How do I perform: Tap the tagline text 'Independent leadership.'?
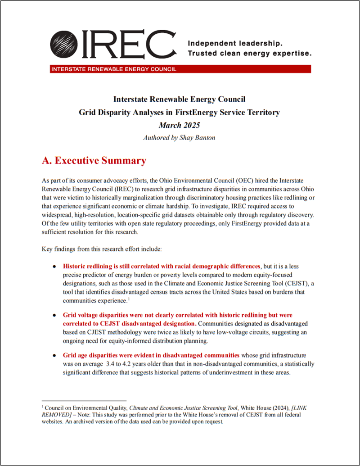pyautogui.click(x=234, y=44)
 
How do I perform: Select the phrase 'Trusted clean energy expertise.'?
pyautogui.click(x=249, y=54)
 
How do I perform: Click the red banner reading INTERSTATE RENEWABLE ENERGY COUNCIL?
pyautogui.click(x=180, y=69)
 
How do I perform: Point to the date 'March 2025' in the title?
pyautogui.click(x=179, y=125)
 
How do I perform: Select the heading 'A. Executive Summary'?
pyautogui.click(x=94, y=161)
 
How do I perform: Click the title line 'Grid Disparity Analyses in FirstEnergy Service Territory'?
pyautogui.click(x=179, y=113)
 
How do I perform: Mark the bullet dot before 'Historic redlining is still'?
pyautogui.click(x=54, y=266)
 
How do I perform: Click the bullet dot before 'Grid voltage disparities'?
pyautogui.click(x=54, y=315)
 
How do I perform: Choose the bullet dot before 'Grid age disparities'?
pyautogui.click(x=54, y=355)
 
